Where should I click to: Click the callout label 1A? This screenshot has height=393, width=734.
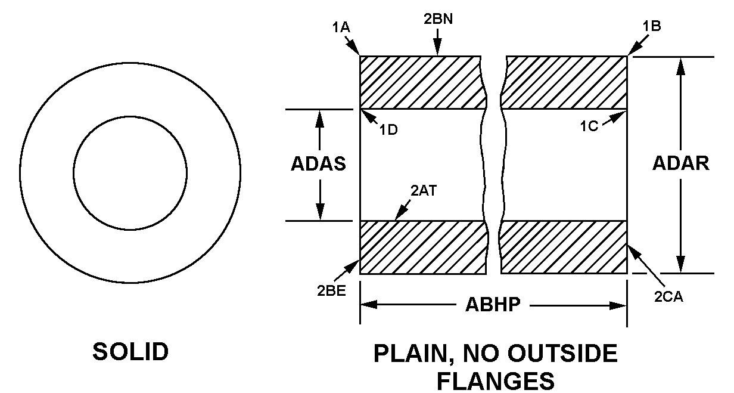point(341,27)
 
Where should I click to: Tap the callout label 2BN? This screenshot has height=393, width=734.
point(438,18)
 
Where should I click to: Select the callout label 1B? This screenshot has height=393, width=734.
point(652,26)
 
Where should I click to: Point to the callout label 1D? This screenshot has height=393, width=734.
point(388,130)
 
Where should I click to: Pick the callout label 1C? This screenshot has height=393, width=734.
point(589,126)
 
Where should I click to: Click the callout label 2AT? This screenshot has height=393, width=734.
point(424,191)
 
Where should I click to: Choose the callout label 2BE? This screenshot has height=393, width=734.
point(331,290)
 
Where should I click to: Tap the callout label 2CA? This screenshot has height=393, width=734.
point(668,296)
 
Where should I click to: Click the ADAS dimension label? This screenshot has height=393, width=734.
point(319,163)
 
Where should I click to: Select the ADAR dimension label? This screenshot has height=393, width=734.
point(681,163)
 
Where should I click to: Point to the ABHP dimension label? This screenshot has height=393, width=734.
point(493,304)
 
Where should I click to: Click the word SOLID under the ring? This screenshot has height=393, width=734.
point(130,351)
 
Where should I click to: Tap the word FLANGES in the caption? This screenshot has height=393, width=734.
point(496,381)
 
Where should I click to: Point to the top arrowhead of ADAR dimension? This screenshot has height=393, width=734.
point(680,66)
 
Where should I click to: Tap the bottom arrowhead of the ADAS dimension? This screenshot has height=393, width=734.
point(320,212)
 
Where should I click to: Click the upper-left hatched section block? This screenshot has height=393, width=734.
point(423,82)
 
